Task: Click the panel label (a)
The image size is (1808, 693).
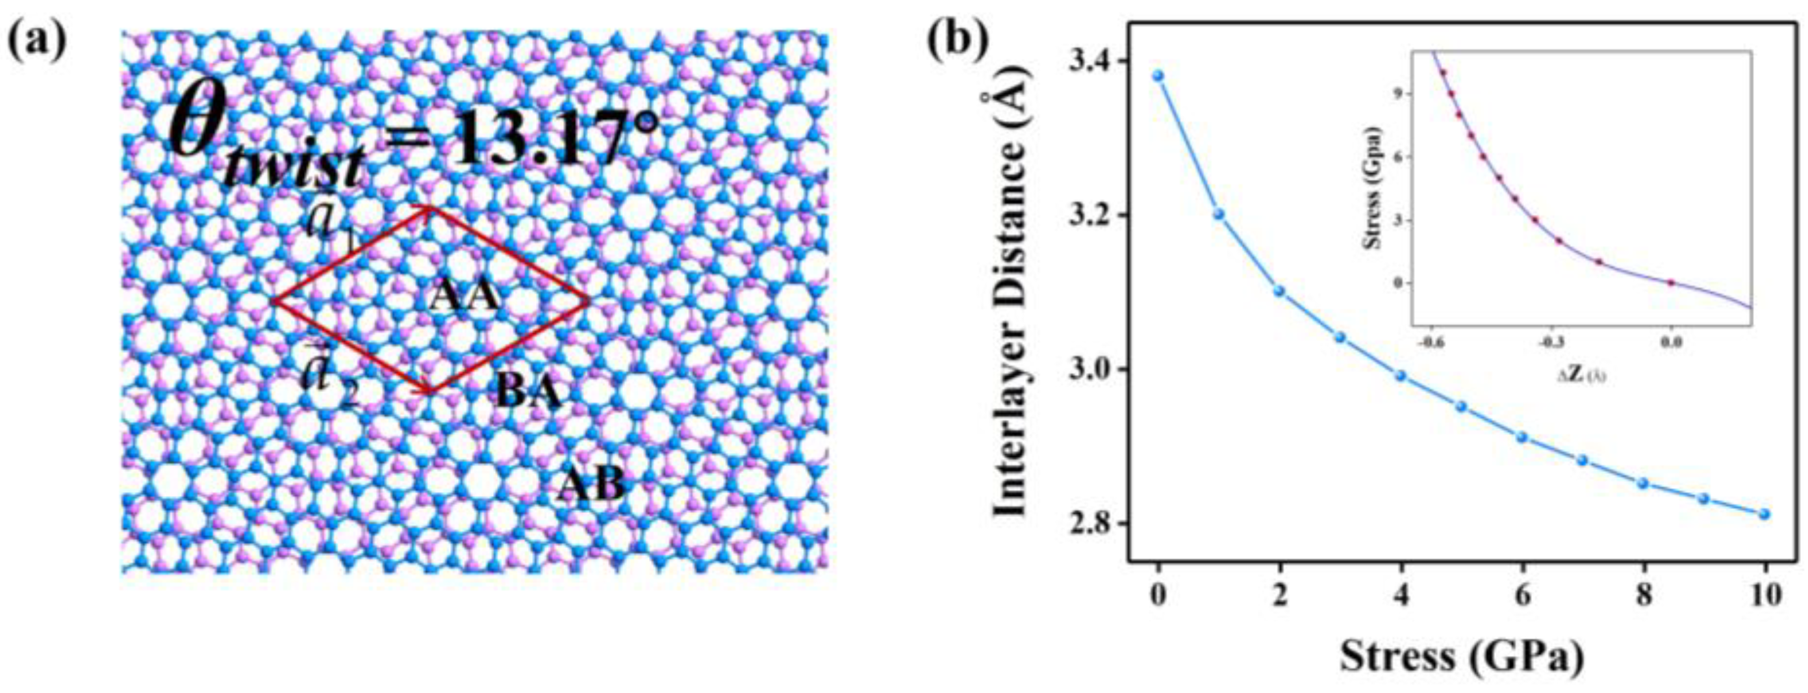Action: pos(38,42)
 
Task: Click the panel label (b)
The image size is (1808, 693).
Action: pos(959,42)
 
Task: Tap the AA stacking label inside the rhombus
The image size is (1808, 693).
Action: pos(465,296)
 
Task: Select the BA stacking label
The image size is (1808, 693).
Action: pos(529,392)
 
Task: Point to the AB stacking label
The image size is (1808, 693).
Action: pos(591,485)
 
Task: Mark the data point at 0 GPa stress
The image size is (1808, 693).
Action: pos(1158,75)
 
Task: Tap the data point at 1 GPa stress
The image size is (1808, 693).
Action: pos(1219,214)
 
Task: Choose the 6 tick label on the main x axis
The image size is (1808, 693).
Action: pos(1522,597)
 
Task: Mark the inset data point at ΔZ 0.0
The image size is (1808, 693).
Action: pos(1671,283)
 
